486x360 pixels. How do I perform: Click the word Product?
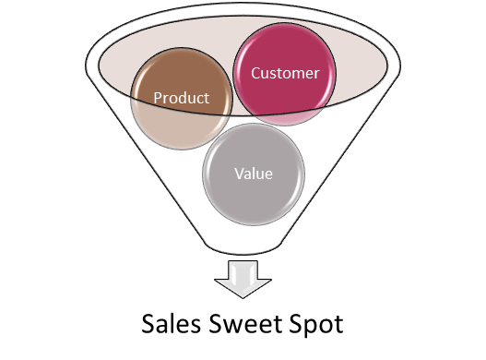pos(181,97)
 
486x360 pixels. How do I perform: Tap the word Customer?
pos(285,72)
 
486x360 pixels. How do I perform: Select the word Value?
pos(253,173)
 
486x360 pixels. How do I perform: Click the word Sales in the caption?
pos(170,324)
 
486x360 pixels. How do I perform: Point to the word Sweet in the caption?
pos(244,324)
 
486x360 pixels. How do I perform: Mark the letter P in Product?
pos(158,97)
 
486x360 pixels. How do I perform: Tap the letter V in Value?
pos(238,173)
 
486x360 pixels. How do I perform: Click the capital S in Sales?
pos(149,324)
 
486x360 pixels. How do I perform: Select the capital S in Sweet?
pos(215,324)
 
